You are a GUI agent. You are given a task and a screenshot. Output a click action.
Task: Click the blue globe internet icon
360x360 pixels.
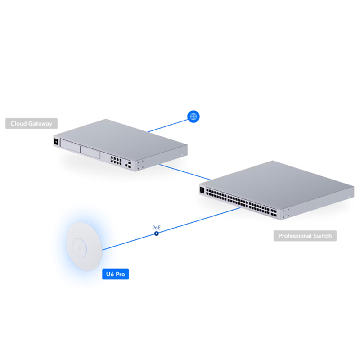[193, 117]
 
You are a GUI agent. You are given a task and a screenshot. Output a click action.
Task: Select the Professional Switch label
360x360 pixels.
[305, 236]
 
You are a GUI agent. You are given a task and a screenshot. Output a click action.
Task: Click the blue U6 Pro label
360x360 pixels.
[116, 274]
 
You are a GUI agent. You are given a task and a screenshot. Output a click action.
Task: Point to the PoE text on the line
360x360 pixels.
[156, 228]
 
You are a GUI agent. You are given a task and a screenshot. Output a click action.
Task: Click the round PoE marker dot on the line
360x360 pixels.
[156, 234]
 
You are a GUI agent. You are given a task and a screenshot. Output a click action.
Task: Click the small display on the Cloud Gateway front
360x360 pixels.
[56, 142]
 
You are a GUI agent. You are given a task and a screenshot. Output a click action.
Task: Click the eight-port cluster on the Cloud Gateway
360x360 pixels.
[115, 159]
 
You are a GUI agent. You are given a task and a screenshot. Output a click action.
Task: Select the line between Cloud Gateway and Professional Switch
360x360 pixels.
[184, 172]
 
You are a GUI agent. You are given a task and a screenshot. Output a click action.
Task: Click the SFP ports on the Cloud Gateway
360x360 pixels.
[129, 164]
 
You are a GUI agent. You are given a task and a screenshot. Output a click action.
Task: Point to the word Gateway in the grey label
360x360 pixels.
[40, 123]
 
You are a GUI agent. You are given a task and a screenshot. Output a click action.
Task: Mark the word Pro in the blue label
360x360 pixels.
[120, 274]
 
